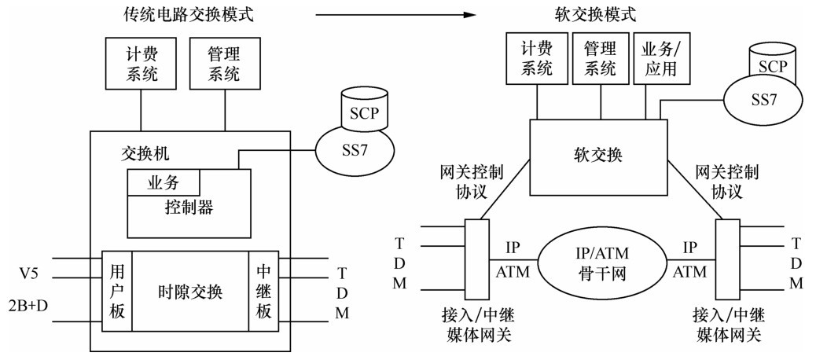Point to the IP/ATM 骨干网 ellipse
click(x=600, y=259)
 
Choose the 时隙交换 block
click(x=190, y=292)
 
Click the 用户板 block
click(x=117, y=292)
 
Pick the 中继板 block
click(x=263, y=292)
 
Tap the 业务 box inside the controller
click(x=164, y=183)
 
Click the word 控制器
click(x=189, y=208)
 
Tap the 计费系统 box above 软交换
click(x=536, y=58)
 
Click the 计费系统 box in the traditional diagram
click(x=142, y=65)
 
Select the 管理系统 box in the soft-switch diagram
click(x=601, y=58)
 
